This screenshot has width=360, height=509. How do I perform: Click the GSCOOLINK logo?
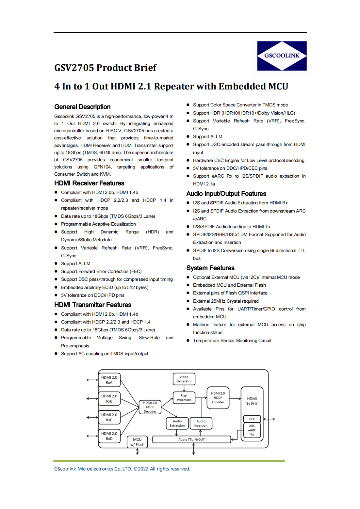click(282, 56)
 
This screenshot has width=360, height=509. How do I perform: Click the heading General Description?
click(82, 107)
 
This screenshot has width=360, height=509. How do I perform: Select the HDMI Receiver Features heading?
click(89, 183)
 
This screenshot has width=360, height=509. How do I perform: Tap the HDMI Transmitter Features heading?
click(93, 305)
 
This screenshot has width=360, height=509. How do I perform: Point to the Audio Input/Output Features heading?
click(226, 194)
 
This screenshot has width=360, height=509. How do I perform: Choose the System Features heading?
click(210, 268)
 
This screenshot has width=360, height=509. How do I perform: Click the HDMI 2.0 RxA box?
click(109, 380)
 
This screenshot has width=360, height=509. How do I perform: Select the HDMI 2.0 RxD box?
click(109, 436)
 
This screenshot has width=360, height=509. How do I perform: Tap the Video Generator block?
click(184, 379)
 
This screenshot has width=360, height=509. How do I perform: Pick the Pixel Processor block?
click(184, 398)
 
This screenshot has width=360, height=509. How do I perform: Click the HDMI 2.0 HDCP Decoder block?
click(150, 407)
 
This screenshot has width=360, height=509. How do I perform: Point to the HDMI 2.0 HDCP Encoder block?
click(218, 398)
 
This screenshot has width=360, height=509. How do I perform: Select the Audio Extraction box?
click(177, 423)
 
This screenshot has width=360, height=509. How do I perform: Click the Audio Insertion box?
click(201, 423)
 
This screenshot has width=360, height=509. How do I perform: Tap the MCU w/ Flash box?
click(137, 442)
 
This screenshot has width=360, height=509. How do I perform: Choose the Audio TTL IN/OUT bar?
click(191, 439)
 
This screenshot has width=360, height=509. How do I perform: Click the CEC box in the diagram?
click(252, 419)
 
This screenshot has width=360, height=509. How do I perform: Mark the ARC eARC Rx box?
click(252, 430)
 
